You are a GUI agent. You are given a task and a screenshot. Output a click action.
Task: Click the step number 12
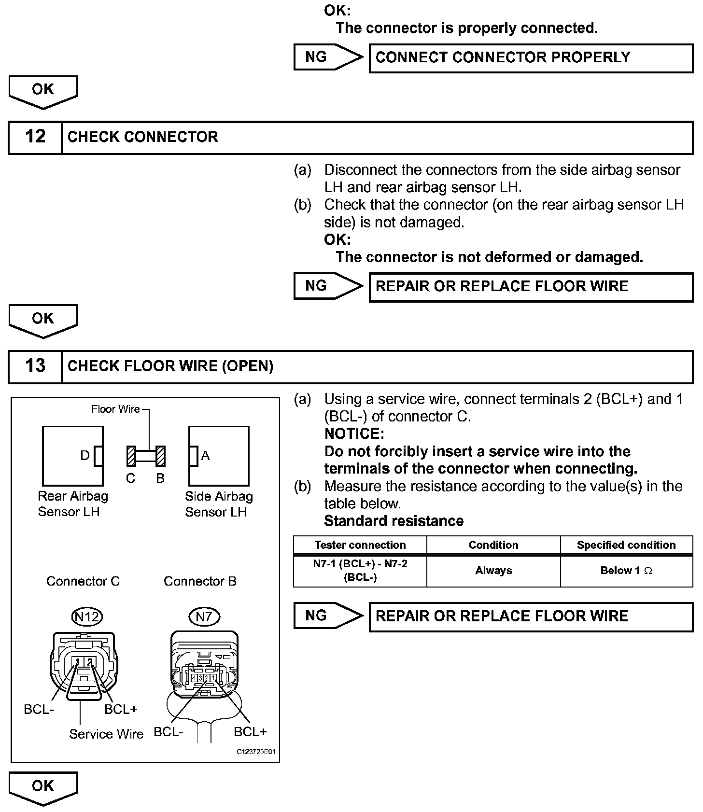coord(35,137)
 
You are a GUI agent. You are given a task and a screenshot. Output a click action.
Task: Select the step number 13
coord(35,366)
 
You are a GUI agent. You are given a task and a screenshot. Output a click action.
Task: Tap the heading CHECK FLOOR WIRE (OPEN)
coord(170,366)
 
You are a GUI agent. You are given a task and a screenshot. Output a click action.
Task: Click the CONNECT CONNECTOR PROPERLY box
coord(531,58)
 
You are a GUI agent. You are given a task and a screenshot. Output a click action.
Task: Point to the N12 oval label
coord(87,616)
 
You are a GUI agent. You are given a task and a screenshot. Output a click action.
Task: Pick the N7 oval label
coord(204,616)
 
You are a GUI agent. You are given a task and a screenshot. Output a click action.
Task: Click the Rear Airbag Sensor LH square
coord(72,456)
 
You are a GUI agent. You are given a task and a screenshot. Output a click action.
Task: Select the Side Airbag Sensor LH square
coord(219,456)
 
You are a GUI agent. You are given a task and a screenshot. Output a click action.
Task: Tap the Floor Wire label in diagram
coord(116,409)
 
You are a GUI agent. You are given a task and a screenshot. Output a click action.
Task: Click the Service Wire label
coord(106,734)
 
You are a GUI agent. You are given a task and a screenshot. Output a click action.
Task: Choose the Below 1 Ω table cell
coord(626,571)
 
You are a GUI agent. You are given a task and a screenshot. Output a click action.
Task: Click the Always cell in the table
coord(493,571)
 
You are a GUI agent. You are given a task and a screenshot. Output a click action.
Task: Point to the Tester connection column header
coord(360,545)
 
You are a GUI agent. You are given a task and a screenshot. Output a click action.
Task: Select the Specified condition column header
coord(626,545)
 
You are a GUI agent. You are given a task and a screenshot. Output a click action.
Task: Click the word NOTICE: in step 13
coord(354,434)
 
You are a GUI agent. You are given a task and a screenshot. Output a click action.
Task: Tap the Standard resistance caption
coord(394,521)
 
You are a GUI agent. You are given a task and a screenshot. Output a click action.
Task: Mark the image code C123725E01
coord(256,752)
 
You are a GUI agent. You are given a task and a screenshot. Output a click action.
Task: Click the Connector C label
coord(83,581)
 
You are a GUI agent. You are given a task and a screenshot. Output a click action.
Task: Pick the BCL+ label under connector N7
coord(250,732)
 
